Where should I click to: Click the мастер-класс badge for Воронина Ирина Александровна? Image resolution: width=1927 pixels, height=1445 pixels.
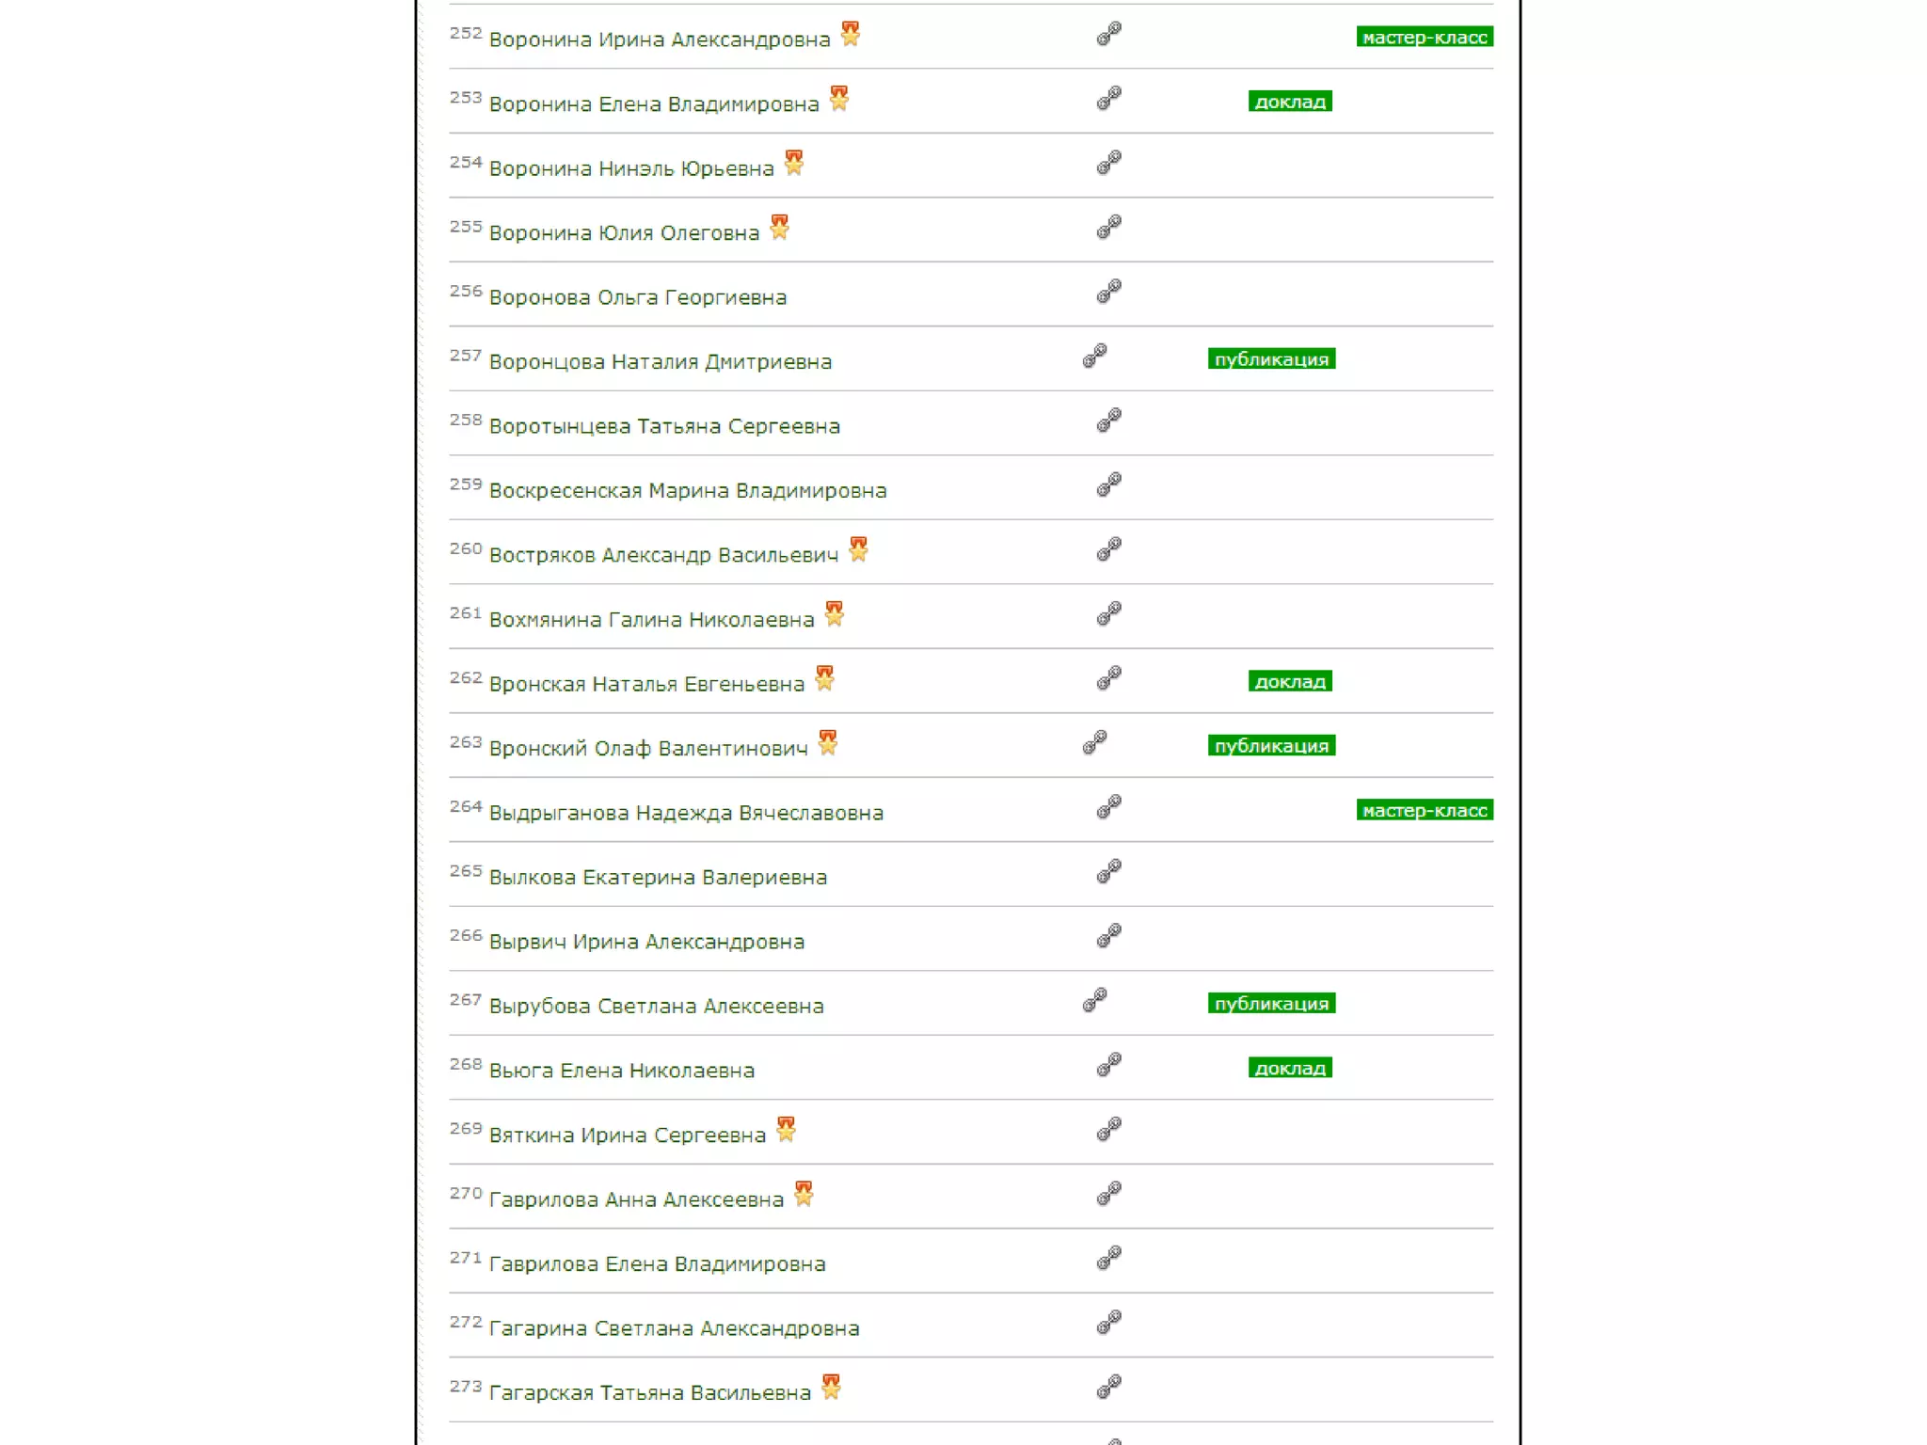[x=1424, y=38]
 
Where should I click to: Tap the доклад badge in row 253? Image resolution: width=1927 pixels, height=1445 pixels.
[x=1289, y=102]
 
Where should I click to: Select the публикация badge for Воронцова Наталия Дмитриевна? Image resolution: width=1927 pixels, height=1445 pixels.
[x=1270, y=359]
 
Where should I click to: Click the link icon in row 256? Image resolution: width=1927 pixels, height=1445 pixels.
[x=1108, y=292]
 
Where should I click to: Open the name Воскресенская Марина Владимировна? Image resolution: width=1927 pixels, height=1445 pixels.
[x=687, y=491]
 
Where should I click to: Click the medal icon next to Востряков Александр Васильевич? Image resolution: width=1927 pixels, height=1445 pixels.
[x=858, y=549]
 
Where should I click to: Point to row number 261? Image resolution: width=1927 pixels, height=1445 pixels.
[x=465, y=613]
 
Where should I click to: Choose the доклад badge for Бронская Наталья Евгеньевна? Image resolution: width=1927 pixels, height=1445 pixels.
[x=1289, y=682]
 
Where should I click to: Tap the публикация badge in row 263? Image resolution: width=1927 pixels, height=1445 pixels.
[x=1270, y=746]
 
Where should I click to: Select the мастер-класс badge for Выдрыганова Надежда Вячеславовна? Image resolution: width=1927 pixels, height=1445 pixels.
[x=1424, y=811]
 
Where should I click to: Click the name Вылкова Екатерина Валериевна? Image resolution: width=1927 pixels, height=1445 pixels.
[x=658, y=878]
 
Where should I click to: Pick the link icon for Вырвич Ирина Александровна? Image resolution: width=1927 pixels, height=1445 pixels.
[x=1108, y=936]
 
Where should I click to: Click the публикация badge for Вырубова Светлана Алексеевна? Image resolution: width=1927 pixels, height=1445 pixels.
[x=1270, y=1004]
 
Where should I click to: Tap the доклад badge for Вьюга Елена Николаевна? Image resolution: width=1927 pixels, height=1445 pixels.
[x=1289, y=1069]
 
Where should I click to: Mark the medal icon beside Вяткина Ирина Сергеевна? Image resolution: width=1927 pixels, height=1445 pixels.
[x=786, y=1129]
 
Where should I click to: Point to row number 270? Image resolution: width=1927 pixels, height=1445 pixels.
[x=465, y=1194]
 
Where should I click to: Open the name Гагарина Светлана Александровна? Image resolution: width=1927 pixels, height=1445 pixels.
[x=674, y=1328]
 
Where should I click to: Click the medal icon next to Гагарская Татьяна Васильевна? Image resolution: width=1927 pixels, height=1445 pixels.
[x=831, y=1388]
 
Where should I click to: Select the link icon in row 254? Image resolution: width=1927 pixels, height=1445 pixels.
[x=1108, y=163]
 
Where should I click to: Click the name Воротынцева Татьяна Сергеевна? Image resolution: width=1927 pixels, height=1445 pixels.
[x=664, y=427]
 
